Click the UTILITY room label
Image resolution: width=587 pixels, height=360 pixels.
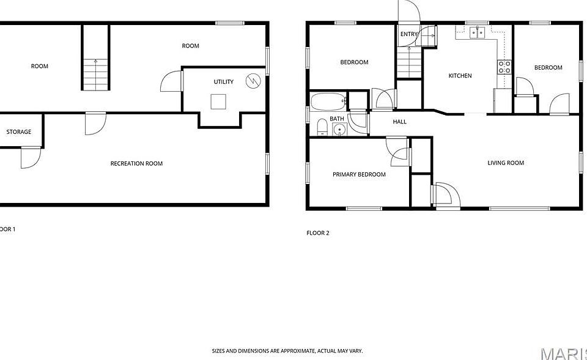pos(224,81)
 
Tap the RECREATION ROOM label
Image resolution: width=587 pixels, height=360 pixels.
pos(136,164)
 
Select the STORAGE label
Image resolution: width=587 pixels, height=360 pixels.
pos(19,132)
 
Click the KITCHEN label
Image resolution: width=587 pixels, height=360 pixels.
pos(460,76)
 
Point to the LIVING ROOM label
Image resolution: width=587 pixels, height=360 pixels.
pos(506,163)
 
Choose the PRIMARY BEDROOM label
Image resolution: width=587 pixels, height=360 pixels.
pos(359,174)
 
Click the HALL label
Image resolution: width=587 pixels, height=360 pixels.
pos(399,122)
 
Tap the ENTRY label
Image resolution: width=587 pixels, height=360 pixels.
pos(408,34)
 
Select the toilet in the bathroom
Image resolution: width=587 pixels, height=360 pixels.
pos(322,127)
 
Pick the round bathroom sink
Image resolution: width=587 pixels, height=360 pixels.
pos(340,130)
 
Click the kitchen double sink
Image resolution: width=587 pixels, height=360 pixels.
pos(478,33)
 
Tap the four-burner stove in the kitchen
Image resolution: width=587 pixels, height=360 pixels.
pos(504,67)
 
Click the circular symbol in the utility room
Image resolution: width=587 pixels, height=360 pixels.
pos(253,81)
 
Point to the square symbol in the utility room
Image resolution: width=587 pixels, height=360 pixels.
pos(218,102)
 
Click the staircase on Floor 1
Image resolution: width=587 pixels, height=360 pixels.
pos(96,74)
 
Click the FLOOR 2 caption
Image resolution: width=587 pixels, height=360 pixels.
pos(318,233)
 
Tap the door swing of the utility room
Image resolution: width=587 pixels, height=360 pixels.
pos(171,81)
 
